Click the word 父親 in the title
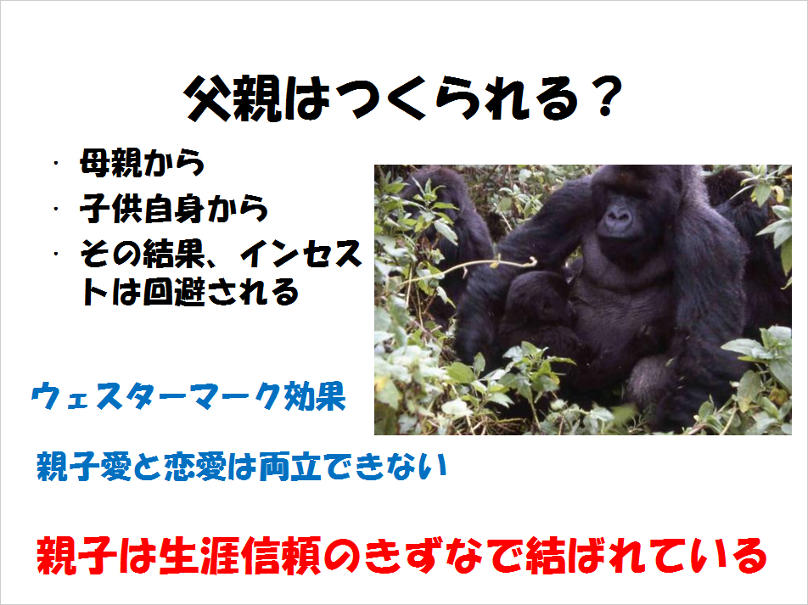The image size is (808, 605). coord(233,98)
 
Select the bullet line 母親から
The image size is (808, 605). coord(143,163)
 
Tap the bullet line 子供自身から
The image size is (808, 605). coord(174,209)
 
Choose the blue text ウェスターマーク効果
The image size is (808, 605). coord(188,396)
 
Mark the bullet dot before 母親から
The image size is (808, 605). coord(55,164)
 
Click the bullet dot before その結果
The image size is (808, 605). coord(55,254)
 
